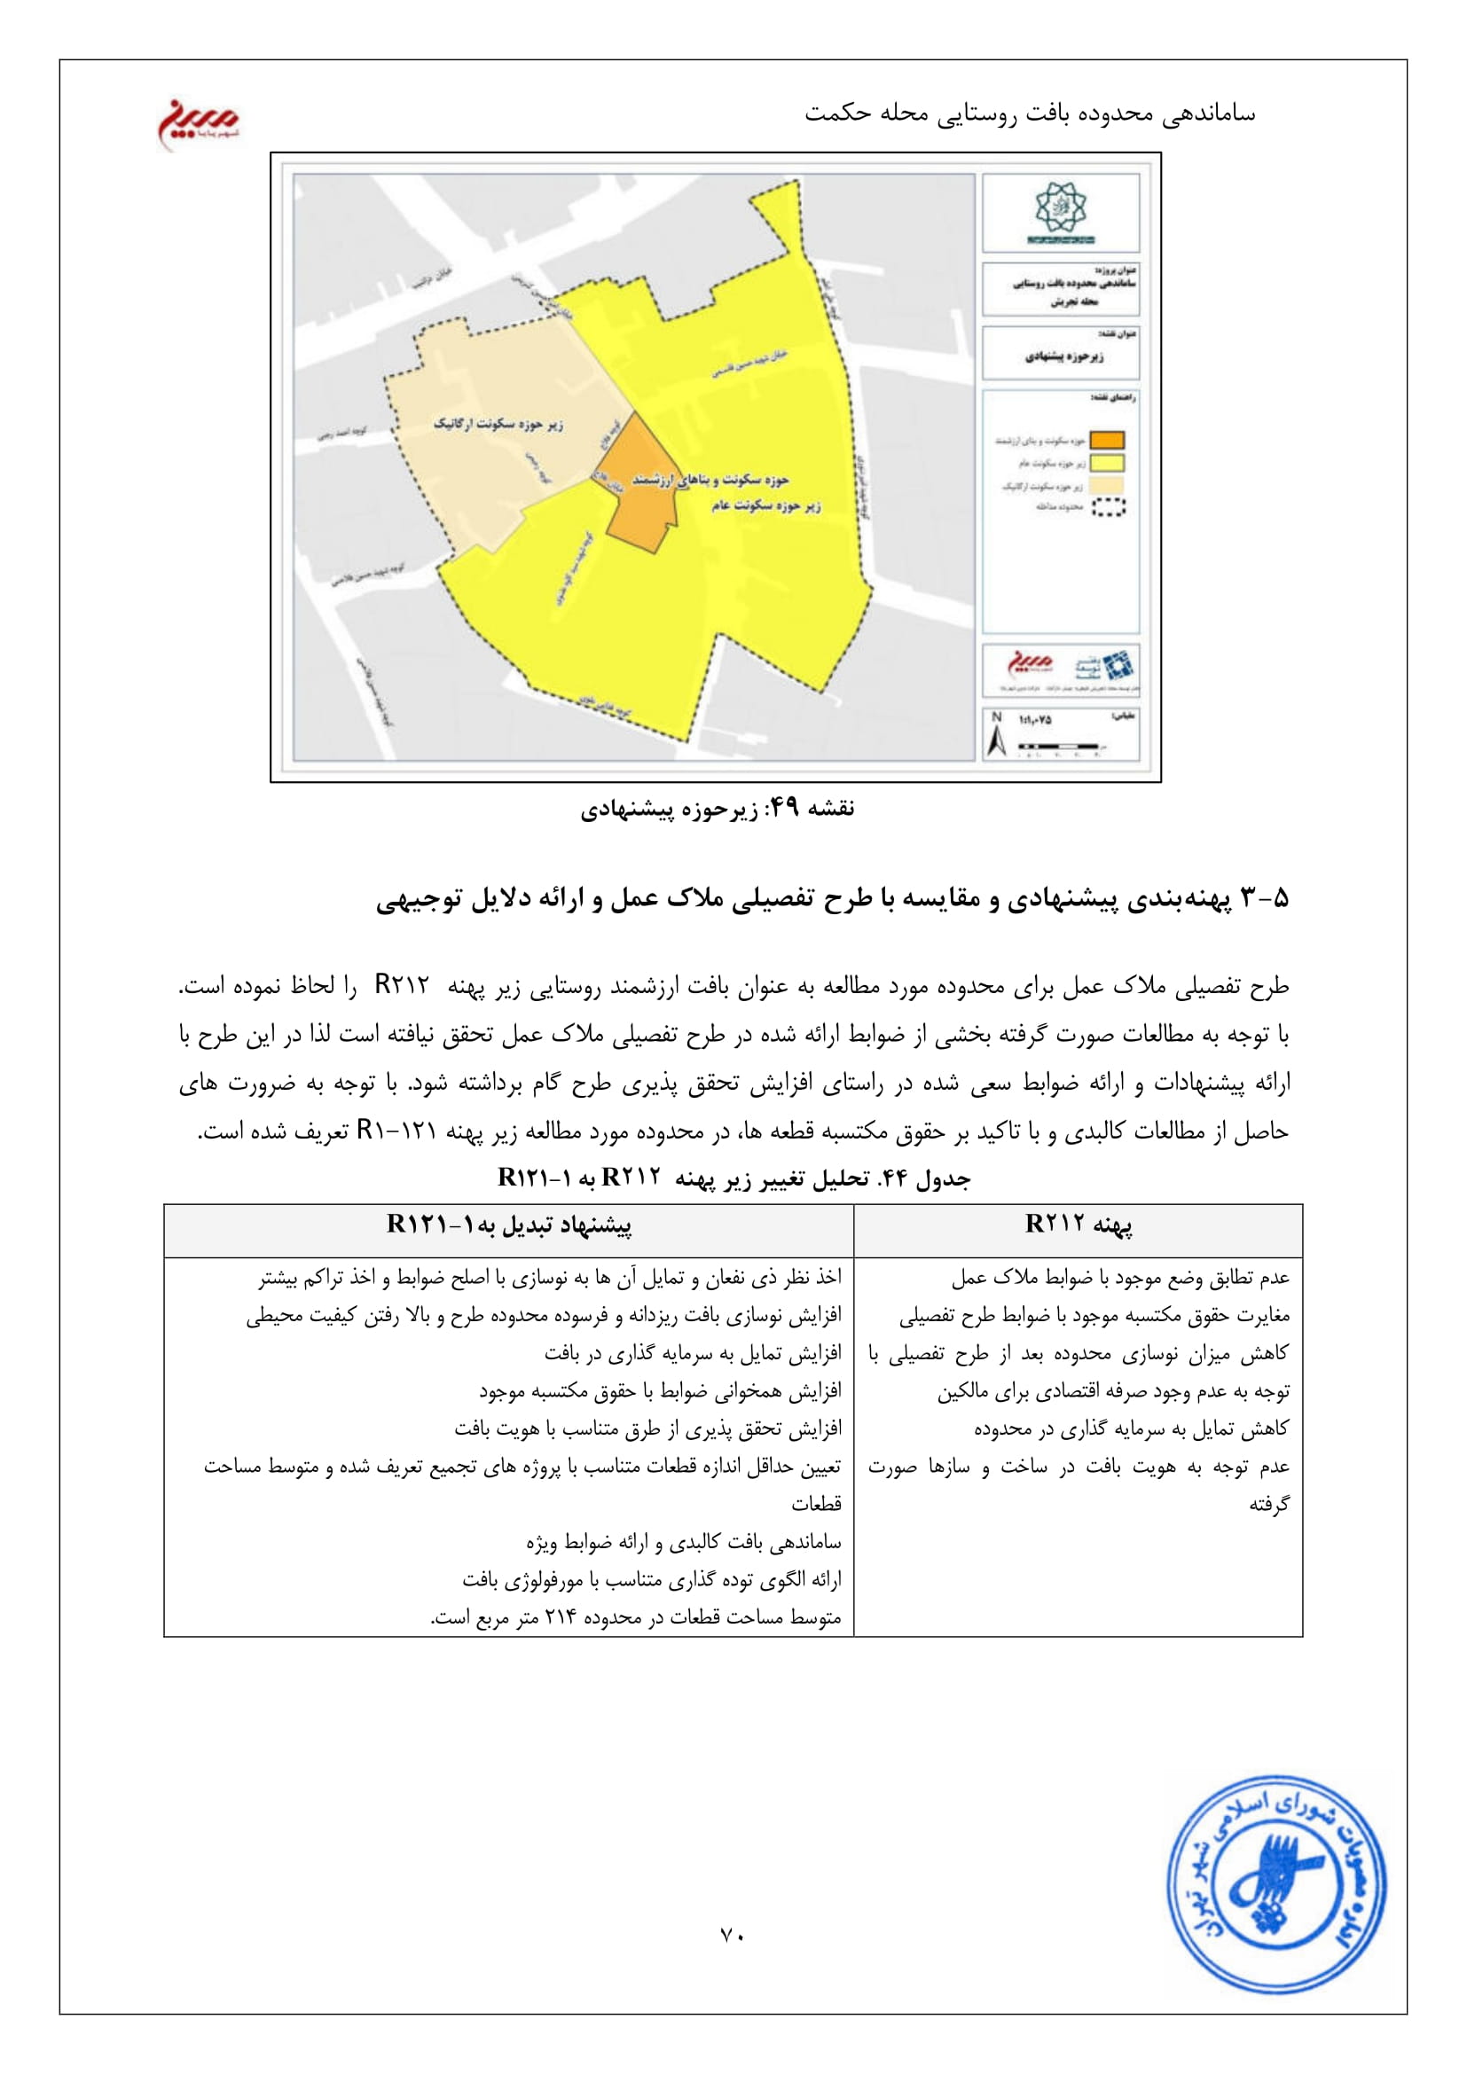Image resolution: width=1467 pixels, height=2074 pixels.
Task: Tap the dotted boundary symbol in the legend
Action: [1109, 508]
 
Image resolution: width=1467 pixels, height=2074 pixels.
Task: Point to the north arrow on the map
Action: [997, 735]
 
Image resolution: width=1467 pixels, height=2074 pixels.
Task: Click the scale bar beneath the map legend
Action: [1059, 746]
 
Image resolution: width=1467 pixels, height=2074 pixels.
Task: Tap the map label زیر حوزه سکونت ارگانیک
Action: [498, 424]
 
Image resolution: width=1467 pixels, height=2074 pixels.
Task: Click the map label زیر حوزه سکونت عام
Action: [765, 505]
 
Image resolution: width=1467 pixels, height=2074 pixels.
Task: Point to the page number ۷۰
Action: [732, 1935]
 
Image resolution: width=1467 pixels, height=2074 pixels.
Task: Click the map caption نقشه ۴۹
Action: [718, 808]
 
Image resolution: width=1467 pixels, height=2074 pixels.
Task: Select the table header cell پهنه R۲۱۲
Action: [1078, 1225]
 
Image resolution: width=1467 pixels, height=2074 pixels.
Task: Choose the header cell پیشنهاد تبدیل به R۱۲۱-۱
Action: [508, 1225]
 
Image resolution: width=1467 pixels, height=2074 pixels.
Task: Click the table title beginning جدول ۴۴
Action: [733, 1178]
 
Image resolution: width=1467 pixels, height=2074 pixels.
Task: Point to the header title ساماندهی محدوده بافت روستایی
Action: [1030, 113]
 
